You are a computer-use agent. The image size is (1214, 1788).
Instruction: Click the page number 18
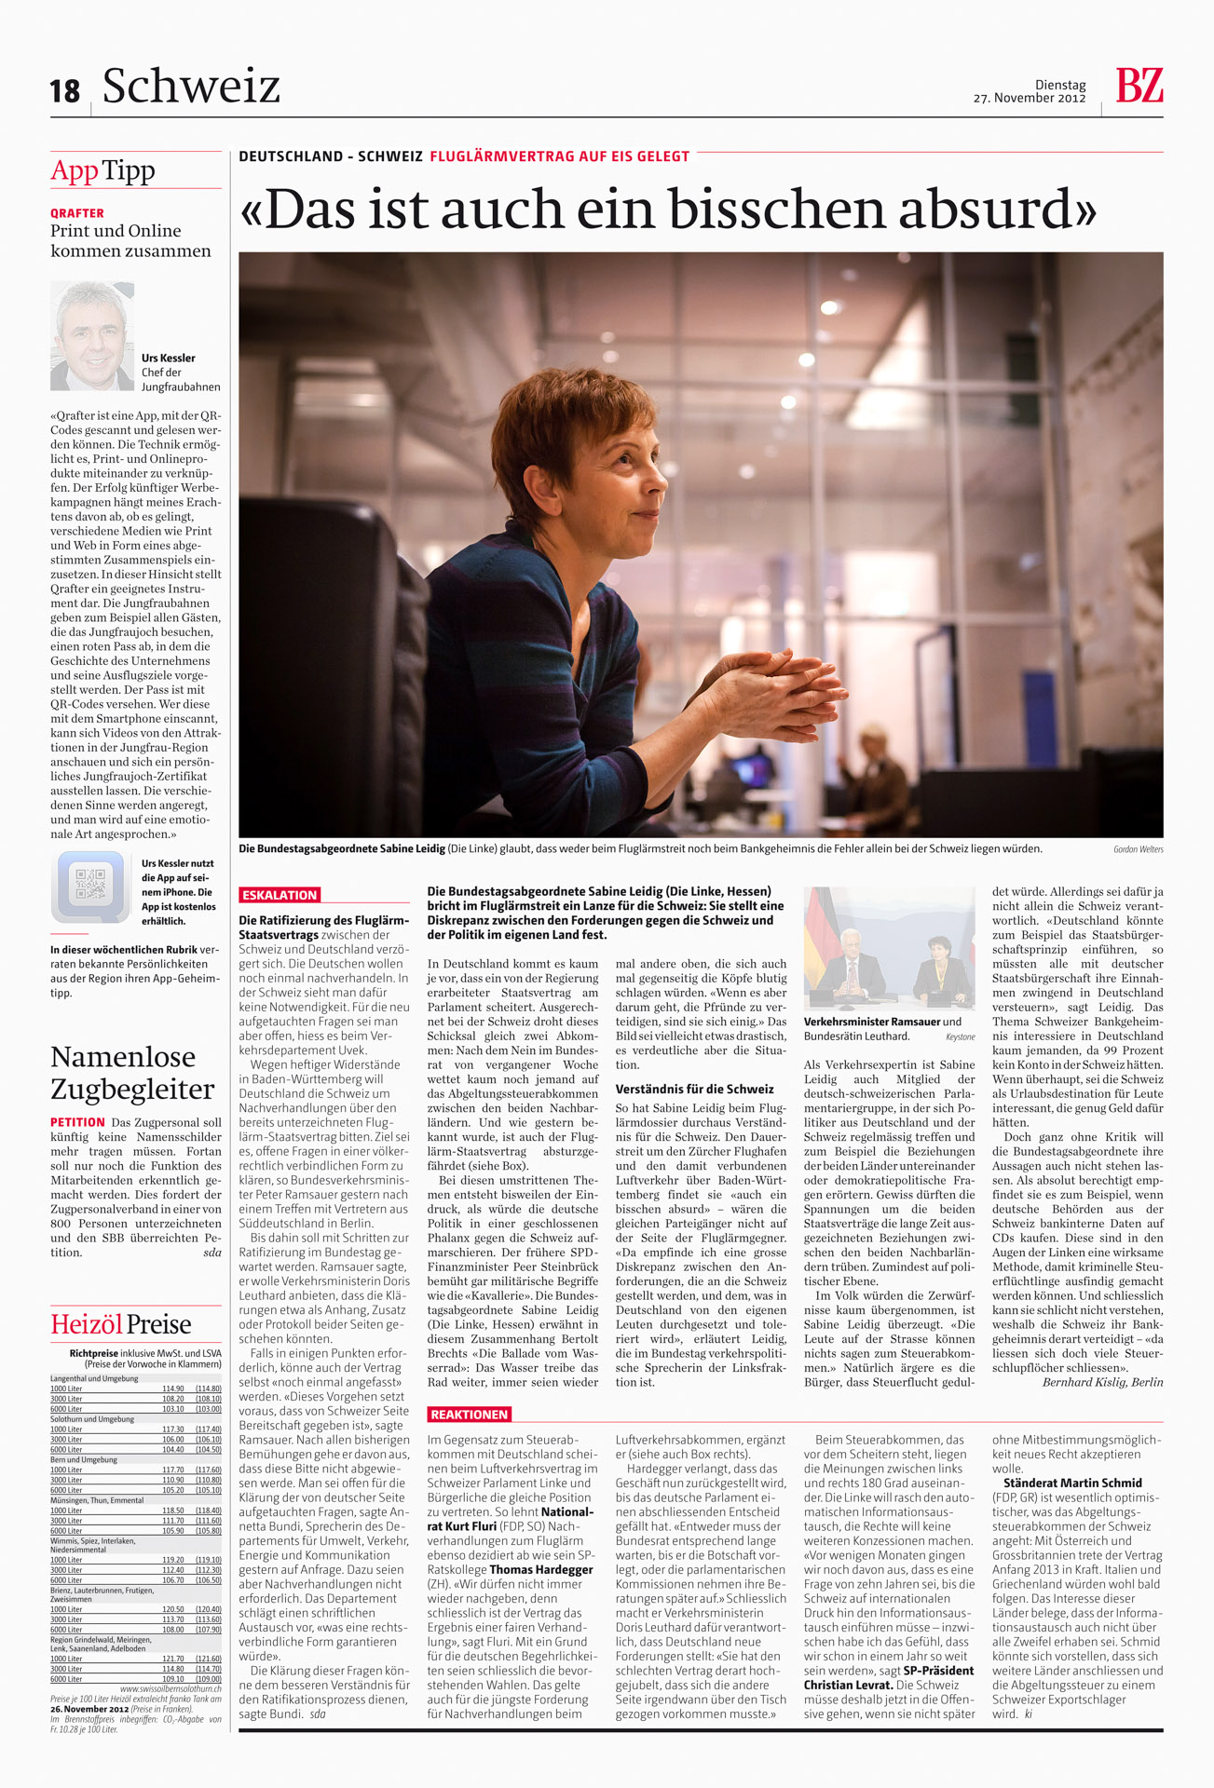coord(65,91)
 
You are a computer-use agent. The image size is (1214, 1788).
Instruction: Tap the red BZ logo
coord(1139,86)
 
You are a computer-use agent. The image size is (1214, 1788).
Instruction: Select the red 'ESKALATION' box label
coord(280,895)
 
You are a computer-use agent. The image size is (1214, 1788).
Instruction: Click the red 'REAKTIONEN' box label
coord(470,1415)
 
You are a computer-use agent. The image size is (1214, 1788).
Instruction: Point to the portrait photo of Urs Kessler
coord(91,335)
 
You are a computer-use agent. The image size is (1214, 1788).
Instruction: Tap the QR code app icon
coord(90,885)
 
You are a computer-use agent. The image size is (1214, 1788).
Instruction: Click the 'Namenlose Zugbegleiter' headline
coord(132,1072)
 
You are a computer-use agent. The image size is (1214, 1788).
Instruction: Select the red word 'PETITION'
coord(77,1122)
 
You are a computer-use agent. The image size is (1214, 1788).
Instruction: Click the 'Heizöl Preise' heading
coord(121,1324)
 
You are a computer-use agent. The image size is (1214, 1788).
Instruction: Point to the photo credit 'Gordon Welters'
coord(1138,849)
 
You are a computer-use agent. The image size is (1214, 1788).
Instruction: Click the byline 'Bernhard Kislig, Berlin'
coord(1102,1382)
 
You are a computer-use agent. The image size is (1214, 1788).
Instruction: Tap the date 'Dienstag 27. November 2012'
coord(1030,91)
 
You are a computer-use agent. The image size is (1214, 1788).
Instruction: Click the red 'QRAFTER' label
coord(77,213)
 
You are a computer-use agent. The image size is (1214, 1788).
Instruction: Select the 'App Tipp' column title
coord(102,170)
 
